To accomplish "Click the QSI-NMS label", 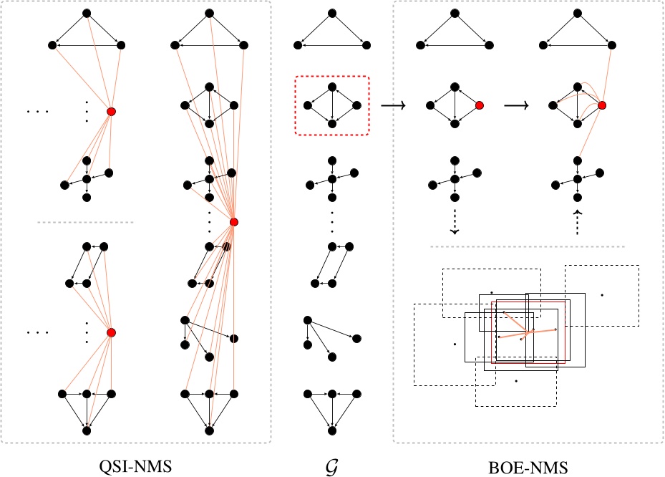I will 135,467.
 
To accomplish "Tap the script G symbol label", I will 332,467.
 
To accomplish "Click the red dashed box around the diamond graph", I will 332,105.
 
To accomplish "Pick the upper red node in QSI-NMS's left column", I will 111,112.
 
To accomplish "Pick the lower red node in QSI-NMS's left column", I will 111,332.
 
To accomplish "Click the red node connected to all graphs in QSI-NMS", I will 234,222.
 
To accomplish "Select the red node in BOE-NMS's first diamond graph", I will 480,105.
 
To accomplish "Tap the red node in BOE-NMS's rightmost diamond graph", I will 603,105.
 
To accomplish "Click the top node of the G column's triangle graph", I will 332,13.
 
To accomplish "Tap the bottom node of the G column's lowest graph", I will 332,431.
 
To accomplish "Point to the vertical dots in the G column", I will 332,222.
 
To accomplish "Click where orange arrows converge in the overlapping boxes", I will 528,332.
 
